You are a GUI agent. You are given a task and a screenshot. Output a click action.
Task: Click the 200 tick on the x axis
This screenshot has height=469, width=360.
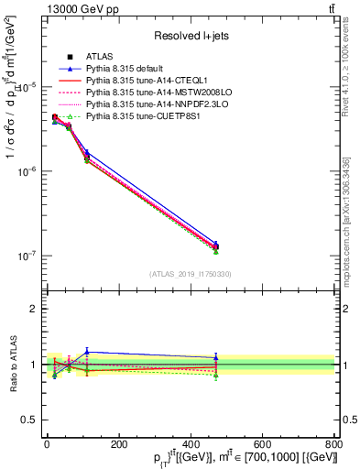[118, 444]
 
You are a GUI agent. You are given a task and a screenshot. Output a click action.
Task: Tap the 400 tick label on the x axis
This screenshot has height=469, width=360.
[190, 444]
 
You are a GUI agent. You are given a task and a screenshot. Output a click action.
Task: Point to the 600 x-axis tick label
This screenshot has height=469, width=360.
[262, 444]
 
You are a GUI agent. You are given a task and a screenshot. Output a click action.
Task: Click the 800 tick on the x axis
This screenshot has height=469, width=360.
[333, 444]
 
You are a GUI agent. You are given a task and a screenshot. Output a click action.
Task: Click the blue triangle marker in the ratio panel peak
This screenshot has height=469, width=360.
[87, 351]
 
